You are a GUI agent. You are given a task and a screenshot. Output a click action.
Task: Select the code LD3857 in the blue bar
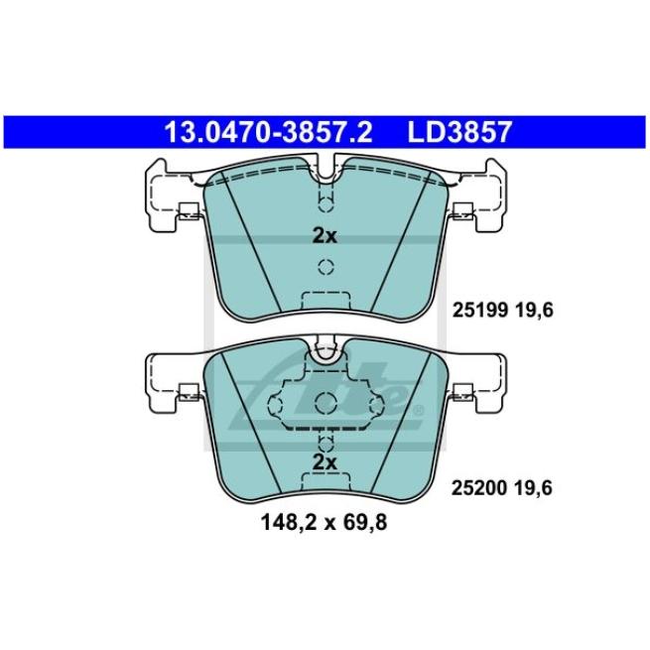pyautogui.click(x=458, y=130)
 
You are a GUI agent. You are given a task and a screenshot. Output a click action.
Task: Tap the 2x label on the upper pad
pyautogui.click(x=325, y=236)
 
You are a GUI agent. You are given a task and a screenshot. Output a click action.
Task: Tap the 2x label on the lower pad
pyautogui.click(x=325, y=462)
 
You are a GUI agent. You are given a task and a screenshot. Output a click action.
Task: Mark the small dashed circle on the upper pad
pyautogui.click(x=325, y=267)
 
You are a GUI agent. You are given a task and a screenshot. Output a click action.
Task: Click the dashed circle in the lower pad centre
pyautogui.click(x=325, y=402)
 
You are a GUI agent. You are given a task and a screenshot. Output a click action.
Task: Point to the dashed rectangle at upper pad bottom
pyautogui.click(x=325, y=301)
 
